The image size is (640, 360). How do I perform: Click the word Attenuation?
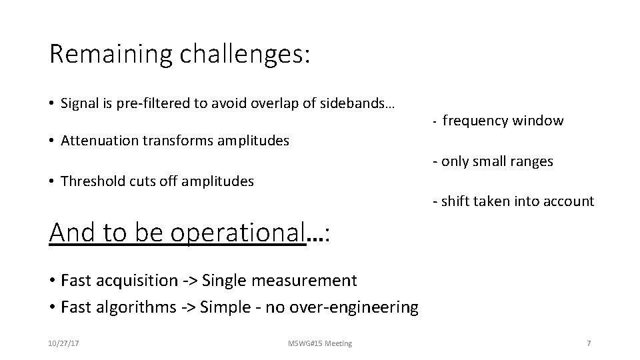point(99,141)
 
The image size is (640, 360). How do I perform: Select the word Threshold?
point(91,181)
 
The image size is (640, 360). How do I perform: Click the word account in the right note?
point(568,201)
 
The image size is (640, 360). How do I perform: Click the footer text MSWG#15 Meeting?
point(321,343)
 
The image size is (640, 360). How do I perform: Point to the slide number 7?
point(588,343)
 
